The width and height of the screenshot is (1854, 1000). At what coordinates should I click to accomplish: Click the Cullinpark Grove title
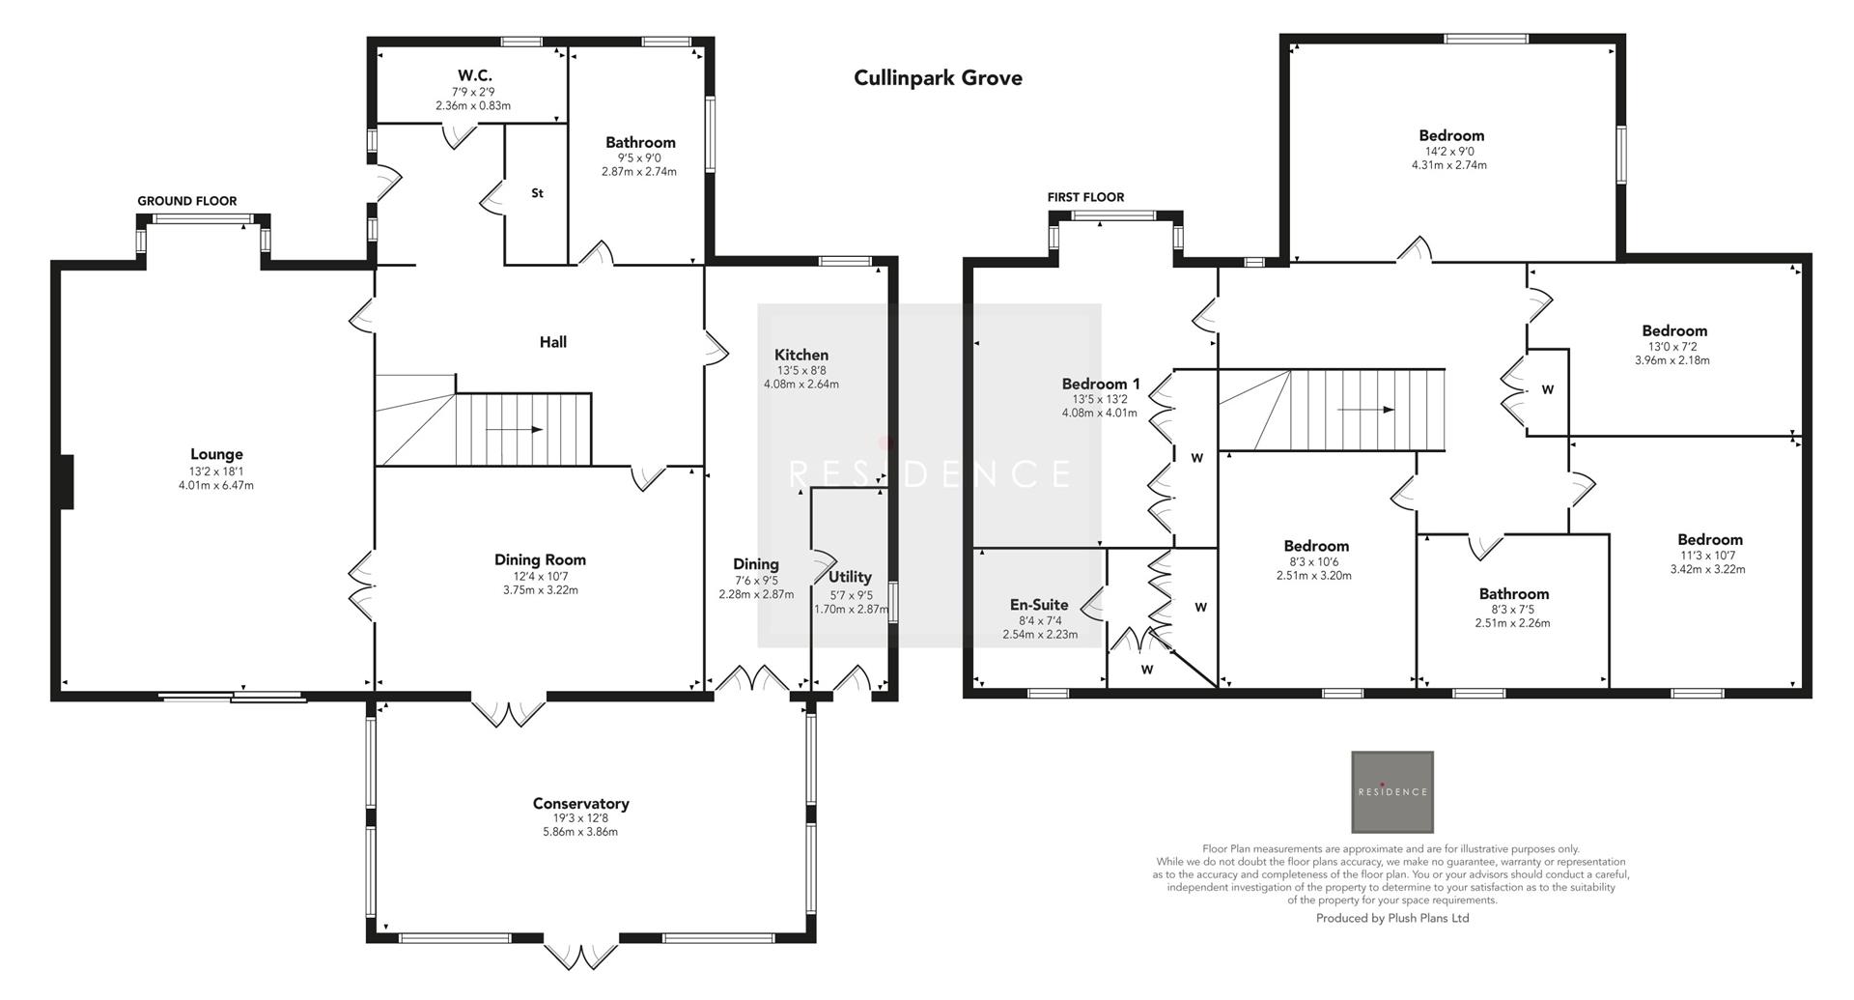pos(937,78)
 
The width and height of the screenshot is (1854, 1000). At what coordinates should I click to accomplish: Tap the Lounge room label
pos(216,454)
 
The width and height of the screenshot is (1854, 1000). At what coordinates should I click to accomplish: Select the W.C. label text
pos(475,75)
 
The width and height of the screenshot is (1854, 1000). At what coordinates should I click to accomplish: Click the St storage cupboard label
pos(537,193)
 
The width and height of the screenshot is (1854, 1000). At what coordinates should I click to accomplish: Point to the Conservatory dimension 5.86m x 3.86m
pos(580,831)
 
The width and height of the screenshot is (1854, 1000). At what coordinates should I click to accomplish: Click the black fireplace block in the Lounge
pos(65,482)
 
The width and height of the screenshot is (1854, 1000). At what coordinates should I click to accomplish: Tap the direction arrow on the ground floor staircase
pos(514,430)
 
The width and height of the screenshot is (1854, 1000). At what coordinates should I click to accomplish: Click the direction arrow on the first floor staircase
pos(1365,410)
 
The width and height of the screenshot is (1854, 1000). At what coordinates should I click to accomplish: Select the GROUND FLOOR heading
pos(186,201)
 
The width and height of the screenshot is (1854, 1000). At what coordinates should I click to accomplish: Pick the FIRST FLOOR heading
pos(1085,197)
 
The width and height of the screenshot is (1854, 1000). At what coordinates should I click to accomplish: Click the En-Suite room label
pos(1039,605)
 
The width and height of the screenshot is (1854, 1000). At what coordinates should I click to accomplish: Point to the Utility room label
pos(850,577)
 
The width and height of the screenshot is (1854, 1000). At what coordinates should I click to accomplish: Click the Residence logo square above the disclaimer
pos(1391,791)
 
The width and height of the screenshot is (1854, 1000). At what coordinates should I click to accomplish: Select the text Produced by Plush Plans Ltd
pos(1391,918)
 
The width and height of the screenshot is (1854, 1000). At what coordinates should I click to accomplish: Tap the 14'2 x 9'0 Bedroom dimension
pos(1449,151)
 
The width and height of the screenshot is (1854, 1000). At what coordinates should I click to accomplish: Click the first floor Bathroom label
pos(1513,594)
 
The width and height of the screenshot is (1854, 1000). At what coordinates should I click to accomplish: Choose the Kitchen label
pos(801,355)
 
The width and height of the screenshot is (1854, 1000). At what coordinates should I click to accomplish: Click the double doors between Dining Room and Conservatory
pos(509,710)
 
